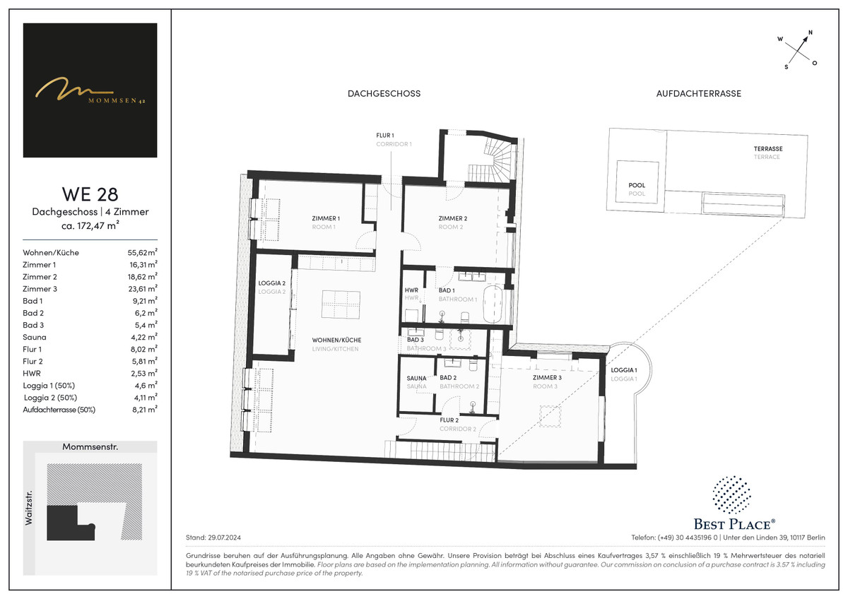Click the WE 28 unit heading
pos(90,194)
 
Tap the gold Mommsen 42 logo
pos(90,90)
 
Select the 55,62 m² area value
pos(143,252)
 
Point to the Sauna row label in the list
pos(35,337)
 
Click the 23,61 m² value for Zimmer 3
pos(143,289)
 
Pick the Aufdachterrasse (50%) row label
pos(59,410)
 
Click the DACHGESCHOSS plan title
pos(384,93)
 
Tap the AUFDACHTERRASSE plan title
pos(698,93)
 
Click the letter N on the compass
pos(810,32)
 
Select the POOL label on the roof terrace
pos(637,185)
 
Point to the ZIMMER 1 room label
pos(326,218)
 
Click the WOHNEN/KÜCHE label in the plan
pos(336,340)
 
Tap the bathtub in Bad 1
pos(493,304)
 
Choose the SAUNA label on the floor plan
pos(416,378)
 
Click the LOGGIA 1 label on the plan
pos(624,370)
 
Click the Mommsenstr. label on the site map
pos(90,447)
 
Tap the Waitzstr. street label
pos(29,508)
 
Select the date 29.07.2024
pos(224,538)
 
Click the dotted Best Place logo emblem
pos(731,495)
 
